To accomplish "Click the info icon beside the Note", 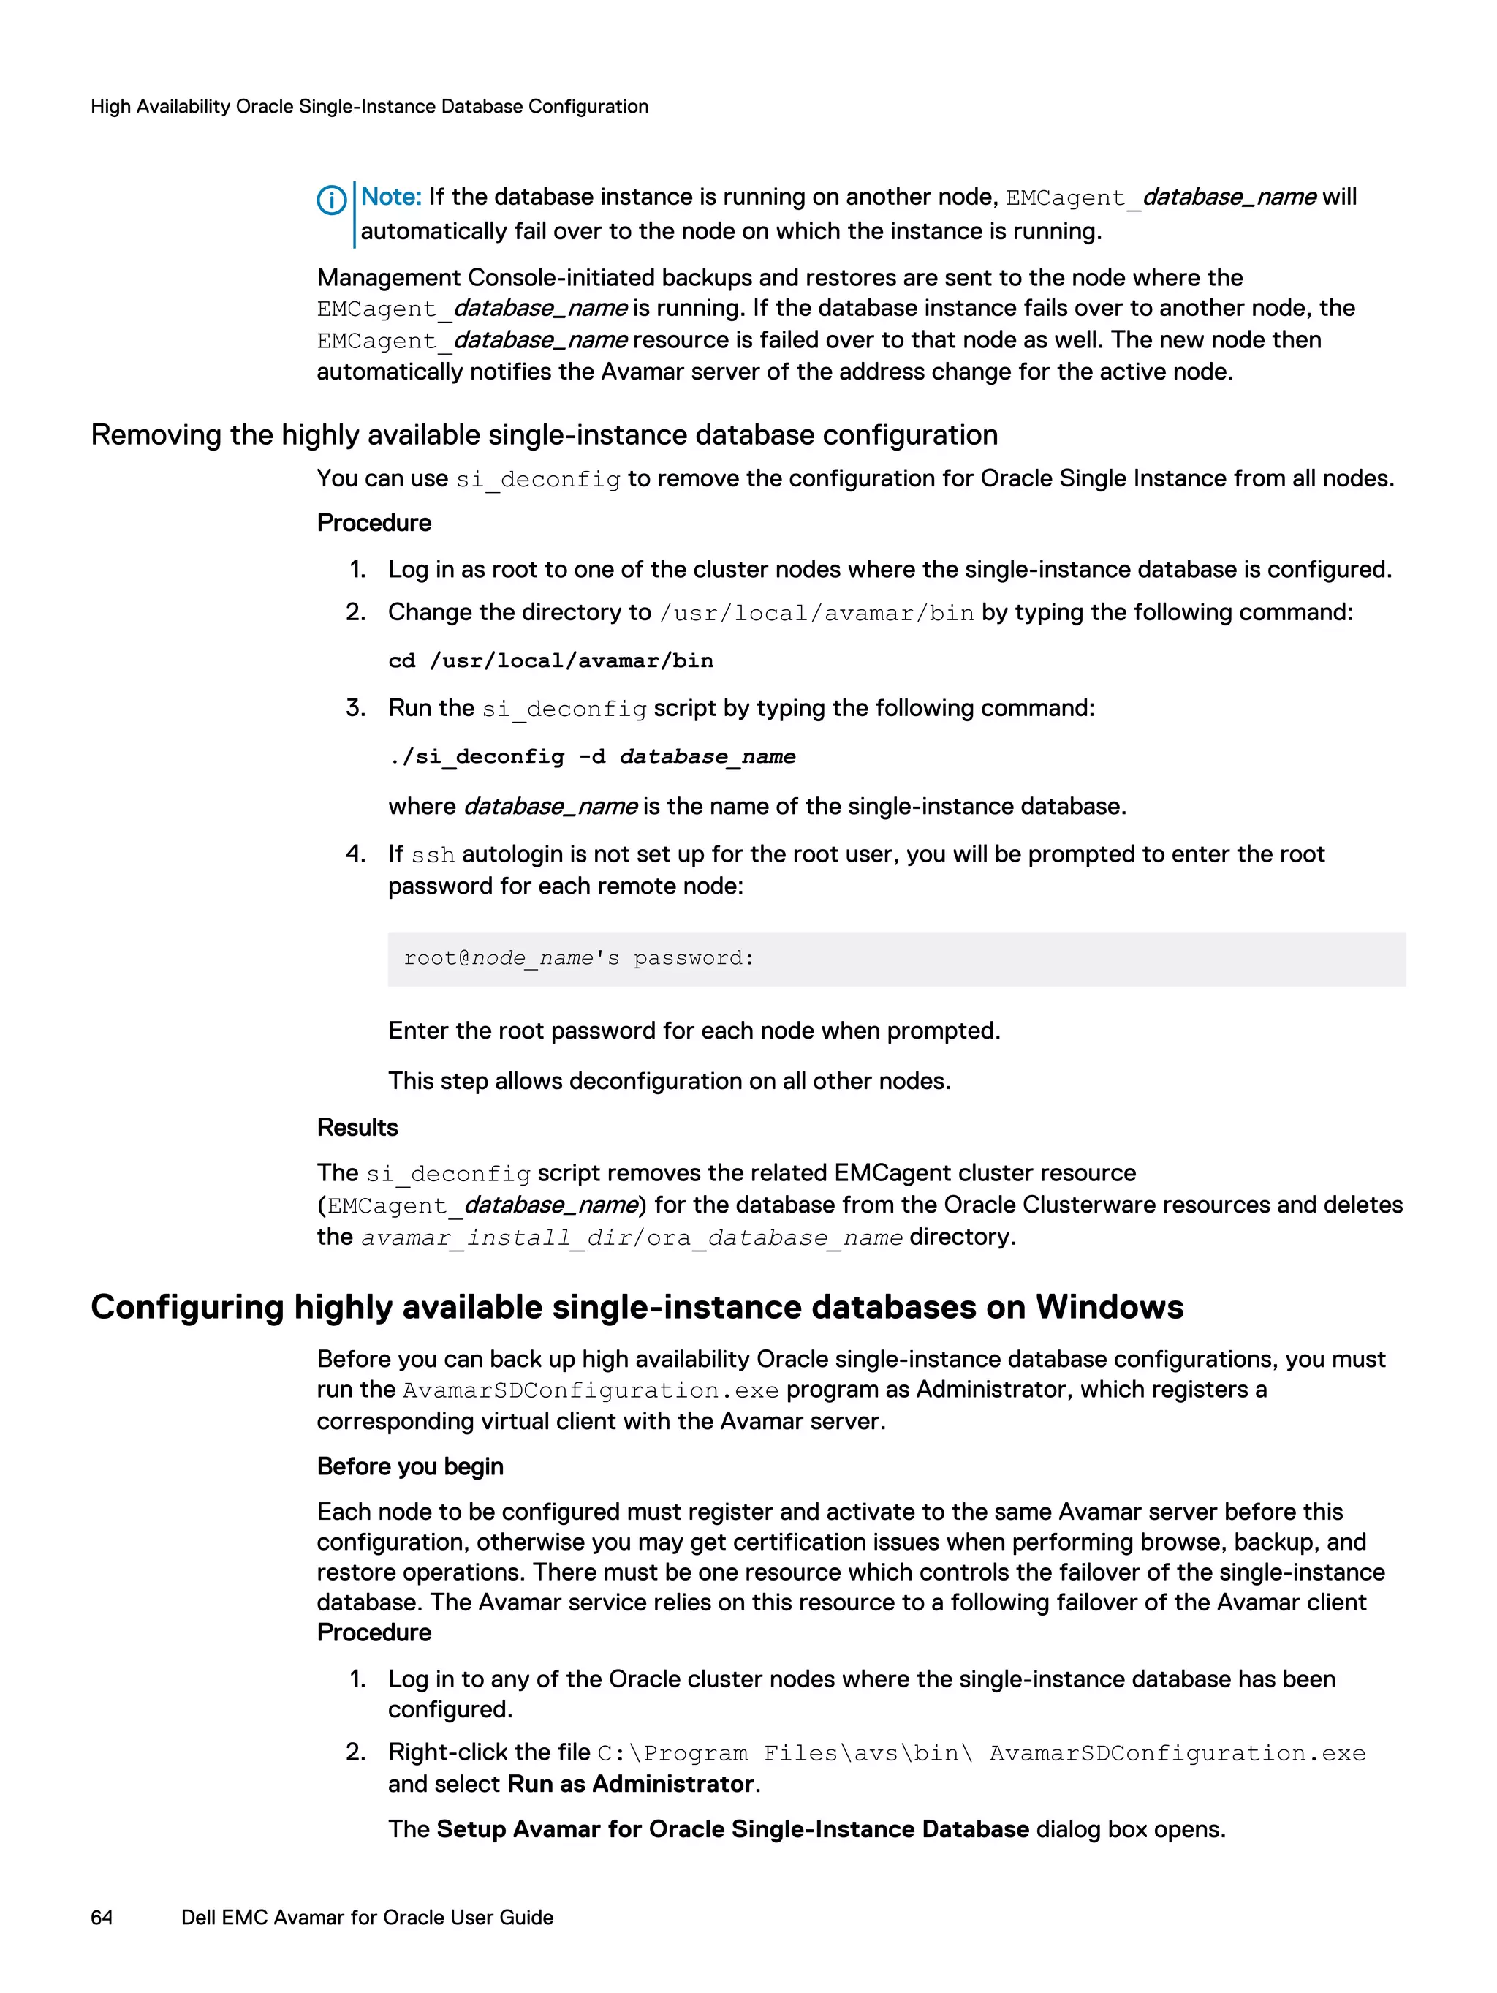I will point(331,200).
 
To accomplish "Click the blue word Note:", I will point(391,197).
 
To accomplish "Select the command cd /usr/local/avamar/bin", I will point(550,660).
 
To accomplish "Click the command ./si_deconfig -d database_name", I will point(592,756).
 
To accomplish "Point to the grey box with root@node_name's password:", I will point(895,959).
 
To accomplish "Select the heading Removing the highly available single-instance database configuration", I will point(544,434).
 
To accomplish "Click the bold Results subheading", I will point(357,1127).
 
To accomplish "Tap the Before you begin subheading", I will point(410,1466).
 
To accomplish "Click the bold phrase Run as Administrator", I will point(631,1784).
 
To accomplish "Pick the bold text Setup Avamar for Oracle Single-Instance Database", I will point(732,1829).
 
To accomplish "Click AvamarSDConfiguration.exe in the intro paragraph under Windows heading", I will point(590,1390).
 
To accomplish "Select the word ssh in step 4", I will point(432,855).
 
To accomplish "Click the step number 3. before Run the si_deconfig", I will point(356,708).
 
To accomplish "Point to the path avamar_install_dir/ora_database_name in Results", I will point(632,1238).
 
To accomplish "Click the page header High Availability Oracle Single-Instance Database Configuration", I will point(369,106).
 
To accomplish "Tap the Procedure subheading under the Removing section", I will point(374,523).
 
